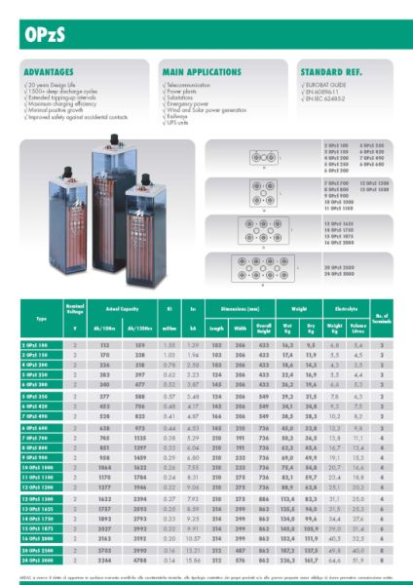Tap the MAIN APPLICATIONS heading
tap(195, 72)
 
